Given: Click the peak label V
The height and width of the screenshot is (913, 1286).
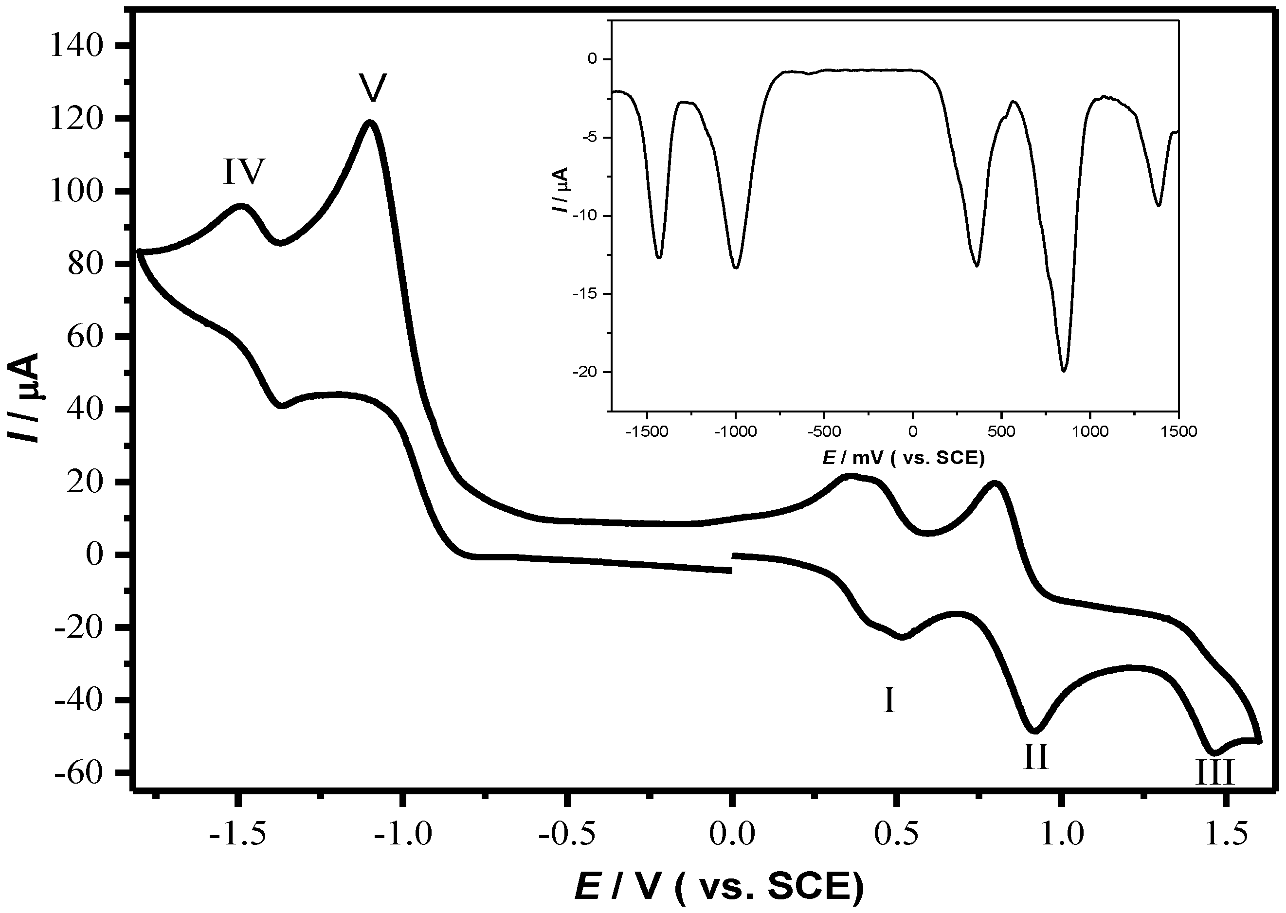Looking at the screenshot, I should [373, 88].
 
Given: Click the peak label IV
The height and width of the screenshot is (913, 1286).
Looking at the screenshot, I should [243, 172].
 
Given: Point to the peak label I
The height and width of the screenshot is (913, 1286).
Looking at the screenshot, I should [889, 700].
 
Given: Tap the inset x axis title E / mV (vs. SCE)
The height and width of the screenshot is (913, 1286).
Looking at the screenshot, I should [904, 459].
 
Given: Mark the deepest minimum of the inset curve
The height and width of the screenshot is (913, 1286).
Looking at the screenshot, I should [1063, 371].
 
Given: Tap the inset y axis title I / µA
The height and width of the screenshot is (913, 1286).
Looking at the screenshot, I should [561, 190].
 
